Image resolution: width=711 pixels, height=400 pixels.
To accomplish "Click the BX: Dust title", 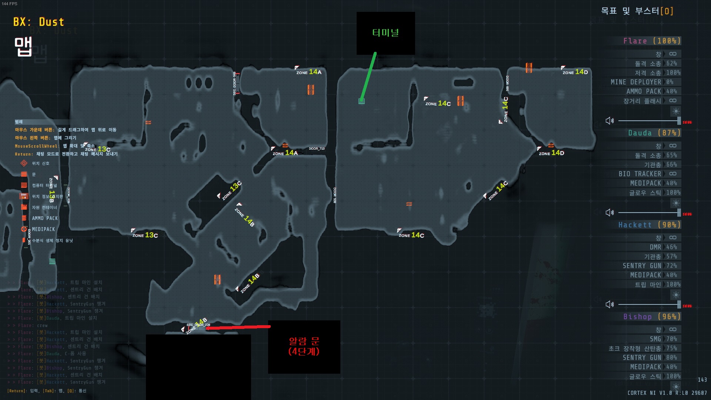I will point(39,22).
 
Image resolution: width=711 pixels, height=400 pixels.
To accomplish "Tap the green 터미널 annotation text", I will point(385,33).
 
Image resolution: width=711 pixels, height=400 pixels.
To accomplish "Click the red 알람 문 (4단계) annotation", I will point(304,346).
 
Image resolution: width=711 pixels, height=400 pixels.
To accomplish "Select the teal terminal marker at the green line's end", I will point(361,101).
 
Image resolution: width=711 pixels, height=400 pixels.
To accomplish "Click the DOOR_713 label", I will point(317,149).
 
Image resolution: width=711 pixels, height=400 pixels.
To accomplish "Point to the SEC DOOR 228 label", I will point(198,325).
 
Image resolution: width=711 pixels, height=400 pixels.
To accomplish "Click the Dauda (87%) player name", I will point(654,133).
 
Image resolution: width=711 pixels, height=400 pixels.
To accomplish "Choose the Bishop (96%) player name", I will point(652,317).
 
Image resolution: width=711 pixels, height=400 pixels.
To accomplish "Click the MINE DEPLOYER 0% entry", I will point(642,82).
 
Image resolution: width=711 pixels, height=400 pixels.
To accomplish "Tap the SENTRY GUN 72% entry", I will point(650,266).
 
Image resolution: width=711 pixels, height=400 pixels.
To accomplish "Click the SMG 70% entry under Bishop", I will point(663,339).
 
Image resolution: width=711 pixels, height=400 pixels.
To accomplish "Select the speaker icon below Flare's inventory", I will point(610,121).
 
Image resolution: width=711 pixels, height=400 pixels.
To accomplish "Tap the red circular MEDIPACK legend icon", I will point(24,229).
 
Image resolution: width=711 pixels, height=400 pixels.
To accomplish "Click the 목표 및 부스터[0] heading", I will point(637,11).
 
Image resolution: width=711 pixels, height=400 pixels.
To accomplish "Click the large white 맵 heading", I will point(23,46).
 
